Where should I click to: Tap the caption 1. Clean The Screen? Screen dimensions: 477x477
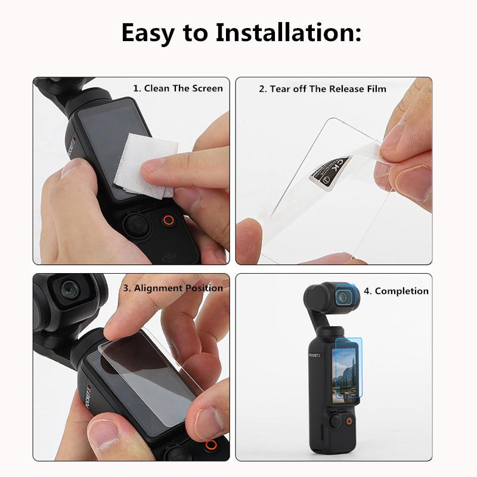(178, 88)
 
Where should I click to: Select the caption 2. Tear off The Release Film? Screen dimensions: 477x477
(322, 89)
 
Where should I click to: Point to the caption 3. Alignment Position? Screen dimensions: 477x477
(173, 287)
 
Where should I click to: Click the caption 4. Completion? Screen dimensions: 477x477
(396, 291)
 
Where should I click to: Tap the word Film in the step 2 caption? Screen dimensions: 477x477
(373, 89)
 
